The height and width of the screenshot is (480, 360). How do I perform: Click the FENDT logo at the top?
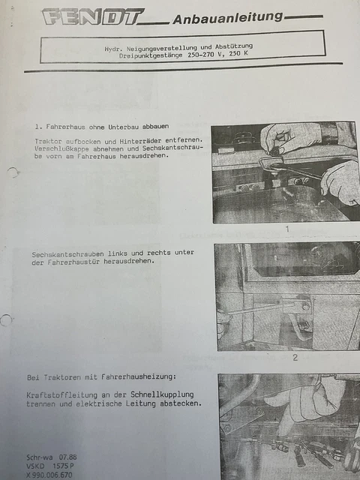pyautogui.click(x=93, y=16)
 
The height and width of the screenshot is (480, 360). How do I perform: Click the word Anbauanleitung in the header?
pyautogui.click(x=228, y=17)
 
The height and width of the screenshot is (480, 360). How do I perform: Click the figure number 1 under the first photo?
pyautogui.click(x=286, y=229)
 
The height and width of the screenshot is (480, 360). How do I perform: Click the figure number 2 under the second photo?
pyautogui.click(x=295, y=357)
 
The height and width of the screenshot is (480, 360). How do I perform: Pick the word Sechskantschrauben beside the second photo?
pyautogui.click(x=67, y=254)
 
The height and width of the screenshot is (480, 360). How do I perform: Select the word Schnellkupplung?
pyautogui.click(x=162, y=394)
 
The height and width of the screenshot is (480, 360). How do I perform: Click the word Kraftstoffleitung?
pyautogui.click(x=61, y=395)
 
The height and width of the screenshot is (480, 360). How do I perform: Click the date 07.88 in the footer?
pyautogui.click(x=68, y=457)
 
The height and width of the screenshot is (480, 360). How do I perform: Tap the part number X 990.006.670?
pyautogui.click(x=49, y=475)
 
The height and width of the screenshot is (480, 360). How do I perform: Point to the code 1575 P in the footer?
pyautogui.click(x=63, y=466)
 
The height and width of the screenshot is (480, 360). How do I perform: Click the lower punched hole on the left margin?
pyautogui.click(x=6, y=320)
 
